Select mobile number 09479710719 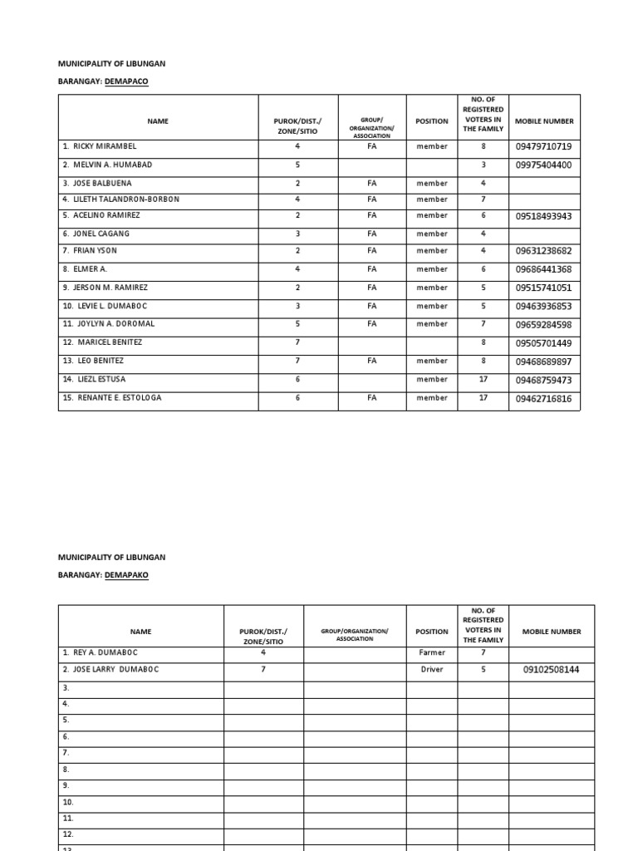543,147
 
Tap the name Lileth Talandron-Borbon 125,199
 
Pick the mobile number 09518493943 543,217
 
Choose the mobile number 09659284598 543,325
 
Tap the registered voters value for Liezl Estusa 483,380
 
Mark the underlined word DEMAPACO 127,81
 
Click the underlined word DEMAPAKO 127,575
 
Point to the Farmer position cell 431,653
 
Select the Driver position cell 431,670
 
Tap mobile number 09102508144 551,670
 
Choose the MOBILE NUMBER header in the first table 544,121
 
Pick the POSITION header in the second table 431,632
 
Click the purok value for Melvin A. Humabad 297,165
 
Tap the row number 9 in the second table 66,785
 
